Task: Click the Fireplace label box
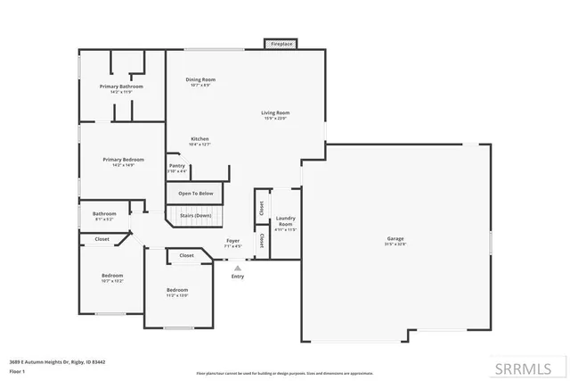[281, 43]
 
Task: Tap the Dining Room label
[200, 79]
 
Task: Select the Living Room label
[275, 112]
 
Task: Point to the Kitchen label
[200, 139]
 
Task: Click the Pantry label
[177, 165]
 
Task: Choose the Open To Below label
[195, 194]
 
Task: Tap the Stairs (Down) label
[196, 215]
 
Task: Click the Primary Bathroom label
[120, 86]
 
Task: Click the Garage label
[395, 238]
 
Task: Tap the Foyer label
[232, 240]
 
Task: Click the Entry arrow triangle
[237, 265]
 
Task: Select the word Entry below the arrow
[237, 276]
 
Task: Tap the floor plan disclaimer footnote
[284, 373]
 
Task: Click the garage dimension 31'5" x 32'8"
[395, 244]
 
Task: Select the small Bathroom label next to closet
[105, 213]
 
